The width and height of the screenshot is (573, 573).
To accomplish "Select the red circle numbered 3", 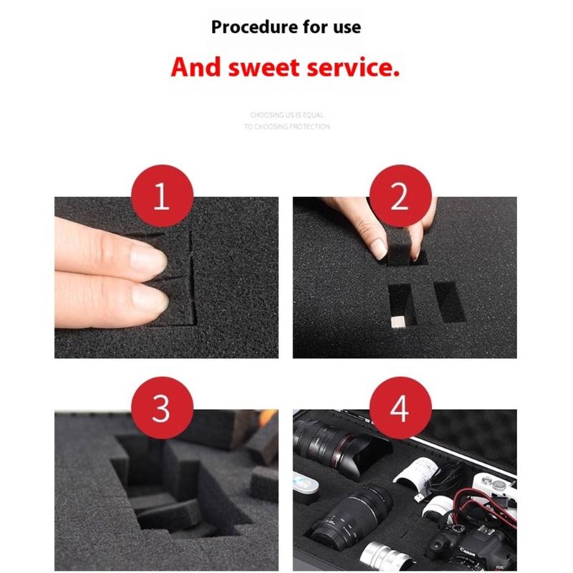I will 161,410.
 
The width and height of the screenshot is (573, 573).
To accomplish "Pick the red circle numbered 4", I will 399,410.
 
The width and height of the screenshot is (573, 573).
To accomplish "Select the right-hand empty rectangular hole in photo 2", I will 448,302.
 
